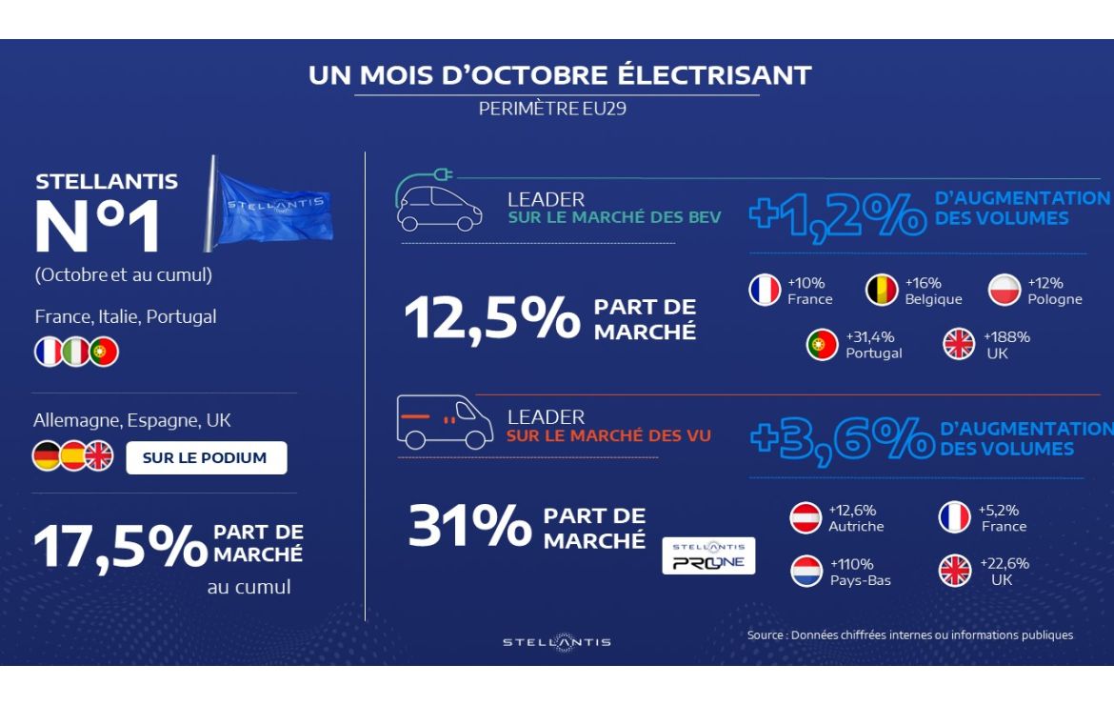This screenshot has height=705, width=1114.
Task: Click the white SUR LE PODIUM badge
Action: (206, 457)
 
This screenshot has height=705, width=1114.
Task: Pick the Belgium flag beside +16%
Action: (882, 291)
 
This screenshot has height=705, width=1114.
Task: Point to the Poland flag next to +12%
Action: (1005, 291)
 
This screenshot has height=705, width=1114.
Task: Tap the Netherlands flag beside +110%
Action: (806, 571)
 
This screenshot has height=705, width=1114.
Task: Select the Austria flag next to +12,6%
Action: (806, 517)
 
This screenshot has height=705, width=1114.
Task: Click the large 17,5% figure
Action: (120, 546)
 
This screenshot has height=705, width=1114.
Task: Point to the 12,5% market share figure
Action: (491, 318)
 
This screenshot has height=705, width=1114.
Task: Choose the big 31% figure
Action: (468, 526)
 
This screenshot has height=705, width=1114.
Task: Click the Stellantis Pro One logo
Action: (708, 555)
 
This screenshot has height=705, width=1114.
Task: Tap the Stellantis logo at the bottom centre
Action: (557, 642)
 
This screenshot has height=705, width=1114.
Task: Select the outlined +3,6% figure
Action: (842, 441)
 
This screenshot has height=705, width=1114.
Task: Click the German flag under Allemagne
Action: (47, 456)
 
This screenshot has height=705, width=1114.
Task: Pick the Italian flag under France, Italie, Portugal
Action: (75, 352)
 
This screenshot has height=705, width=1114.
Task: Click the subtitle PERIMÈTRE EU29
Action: (552, 109)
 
